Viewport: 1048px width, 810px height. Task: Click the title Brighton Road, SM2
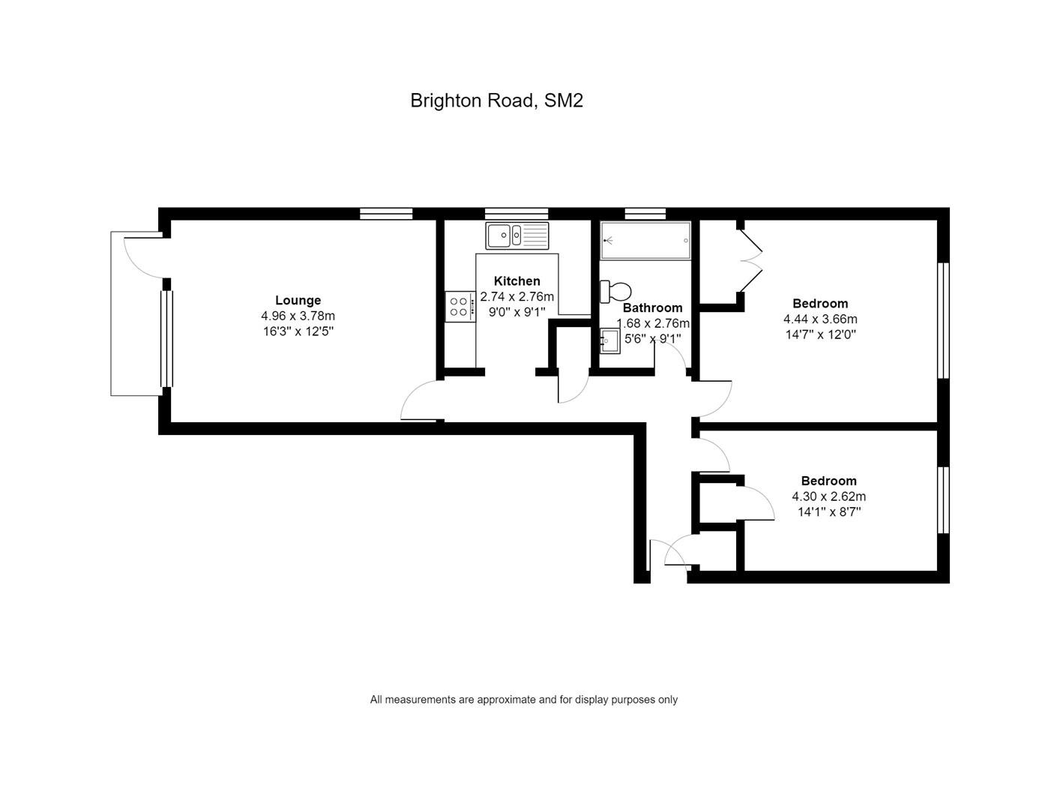496,100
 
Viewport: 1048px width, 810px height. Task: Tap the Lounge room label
298,300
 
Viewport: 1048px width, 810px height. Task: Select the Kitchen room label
517,281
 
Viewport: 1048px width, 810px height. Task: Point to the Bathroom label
652,307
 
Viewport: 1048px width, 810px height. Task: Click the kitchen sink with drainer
517,235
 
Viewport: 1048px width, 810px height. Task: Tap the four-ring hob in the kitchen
460,306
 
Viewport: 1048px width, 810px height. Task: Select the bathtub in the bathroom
645,241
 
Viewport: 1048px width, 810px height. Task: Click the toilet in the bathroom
615,290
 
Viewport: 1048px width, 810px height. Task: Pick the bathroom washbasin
609,341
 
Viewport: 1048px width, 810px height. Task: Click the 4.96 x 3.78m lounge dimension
298,316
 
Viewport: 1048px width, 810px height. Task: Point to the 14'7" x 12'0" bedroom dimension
820,334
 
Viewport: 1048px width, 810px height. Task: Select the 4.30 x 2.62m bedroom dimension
828,496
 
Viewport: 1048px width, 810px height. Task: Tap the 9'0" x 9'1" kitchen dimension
517,312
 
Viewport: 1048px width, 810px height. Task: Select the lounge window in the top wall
386,214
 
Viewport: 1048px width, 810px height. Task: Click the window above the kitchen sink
516,214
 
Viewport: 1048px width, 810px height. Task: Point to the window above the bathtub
645,214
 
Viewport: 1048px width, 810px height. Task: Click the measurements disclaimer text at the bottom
523,700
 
